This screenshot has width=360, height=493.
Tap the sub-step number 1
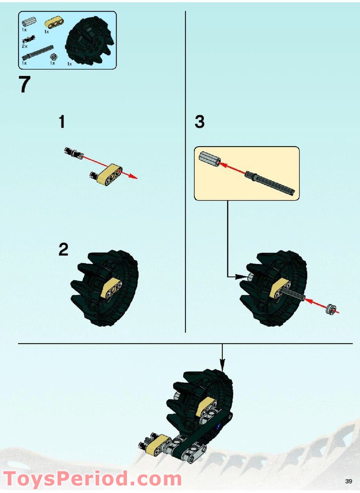tap(62, 122)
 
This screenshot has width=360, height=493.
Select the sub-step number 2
tap(63, 250)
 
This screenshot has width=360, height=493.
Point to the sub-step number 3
tap(200, 122)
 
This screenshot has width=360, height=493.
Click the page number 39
tap(348, 481)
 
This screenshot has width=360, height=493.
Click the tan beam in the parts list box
tap(54, 22)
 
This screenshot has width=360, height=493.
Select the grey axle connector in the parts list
tap(28, 22)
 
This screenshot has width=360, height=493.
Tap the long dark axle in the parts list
tap(37, 53)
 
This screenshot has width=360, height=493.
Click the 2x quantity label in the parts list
tap(24, 46)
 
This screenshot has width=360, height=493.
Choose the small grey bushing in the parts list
tap(54, 57)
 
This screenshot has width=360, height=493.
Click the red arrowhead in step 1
tap(134, 177)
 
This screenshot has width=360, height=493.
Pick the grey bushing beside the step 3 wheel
tap(331, 309)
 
